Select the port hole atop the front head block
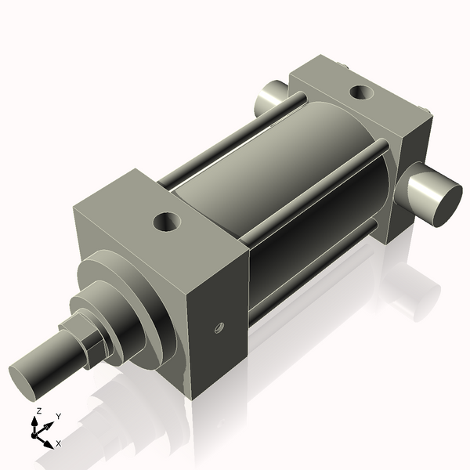click(x=168, y=222)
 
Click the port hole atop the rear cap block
click(x=361, y=92)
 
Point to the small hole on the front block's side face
click(x=219, y=326)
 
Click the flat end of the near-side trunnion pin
click(x=439, y=201)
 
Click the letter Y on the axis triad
click(x=59, y=416)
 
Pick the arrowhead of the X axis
click(x=48, y=443)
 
